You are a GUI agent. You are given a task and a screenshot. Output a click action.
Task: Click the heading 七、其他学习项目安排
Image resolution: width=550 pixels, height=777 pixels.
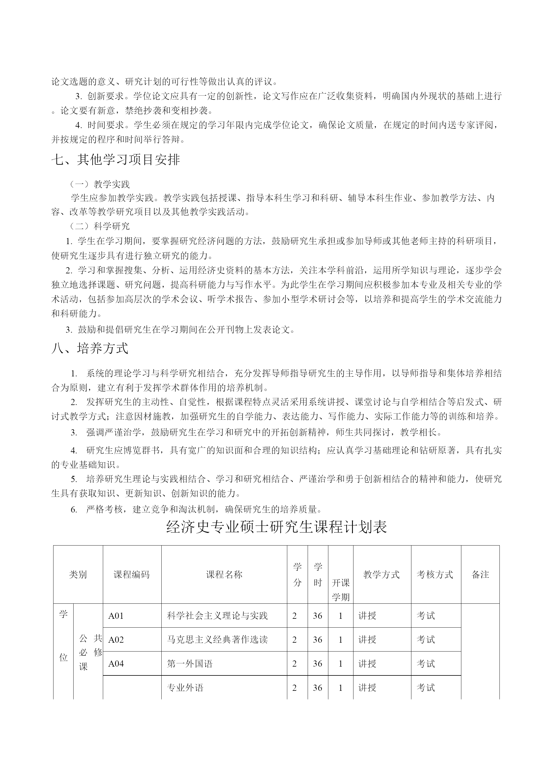coord(115,160)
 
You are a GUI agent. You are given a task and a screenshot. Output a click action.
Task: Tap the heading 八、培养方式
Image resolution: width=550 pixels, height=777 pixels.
coord(90,348)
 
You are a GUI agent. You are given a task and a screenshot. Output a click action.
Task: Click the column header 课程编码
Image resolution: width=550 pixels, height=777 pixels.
coord(132,574)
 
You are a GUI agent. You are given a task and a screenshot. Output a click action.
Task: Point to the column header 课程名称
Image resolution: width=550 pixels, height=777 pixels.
coord(224,574)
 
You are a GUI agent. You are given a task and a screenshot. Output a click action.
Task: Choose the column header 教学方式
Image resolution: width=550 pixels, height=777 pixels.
coord(381,574)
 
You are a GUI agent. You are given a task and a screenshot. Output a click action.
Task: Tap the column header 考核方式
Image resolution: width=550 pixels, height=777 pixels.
coord(435,574)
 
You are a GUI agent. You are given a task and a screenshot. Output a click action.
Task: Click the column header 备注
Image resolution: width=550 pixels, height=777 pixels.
coord(480,574)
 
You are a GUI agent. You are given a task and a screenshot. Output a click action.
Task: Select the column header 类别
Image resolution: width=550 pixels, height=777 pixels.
coord(78,574)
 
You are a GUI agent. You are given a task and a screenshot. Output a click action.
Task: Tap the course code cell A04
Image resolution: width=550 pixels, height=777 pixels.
coord(116,664)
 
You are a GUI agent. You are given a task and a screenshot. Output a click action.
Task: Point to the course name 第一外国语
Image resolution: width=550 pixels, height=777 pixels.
coord(190,664)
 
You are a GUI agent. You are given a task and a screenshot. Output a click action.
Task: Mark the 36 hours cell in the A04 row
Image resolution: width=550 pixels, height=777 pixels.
coord(317,664)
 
